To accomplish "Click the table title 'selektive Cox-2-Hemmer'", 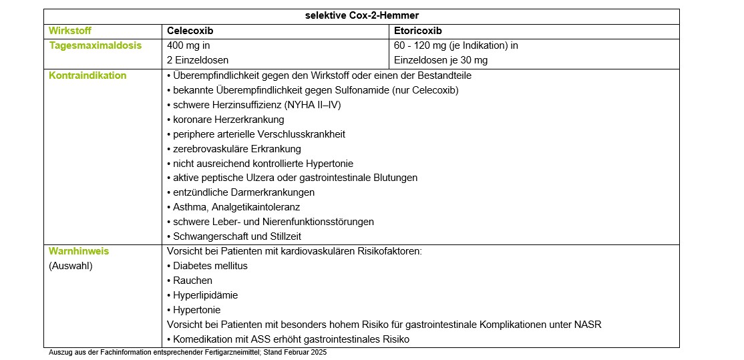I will tap(362, 16).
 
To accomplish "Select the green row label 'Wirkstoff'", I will tap(70, 31).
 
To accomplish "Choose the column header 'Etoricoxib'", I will tap(418, 31).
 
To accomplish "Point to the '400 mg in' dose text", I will tap(188, 45).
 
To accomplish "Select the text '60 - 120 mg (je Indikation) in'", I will tap(455, 45).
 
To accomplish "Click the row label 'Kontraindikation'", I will tap(87, 75).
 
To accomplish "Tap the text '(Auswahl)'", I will tap(70, 266).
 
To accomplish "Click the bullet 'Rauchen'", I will tap(192, 281).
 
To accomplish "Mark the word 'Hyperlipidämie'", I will tap(205, 295).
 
